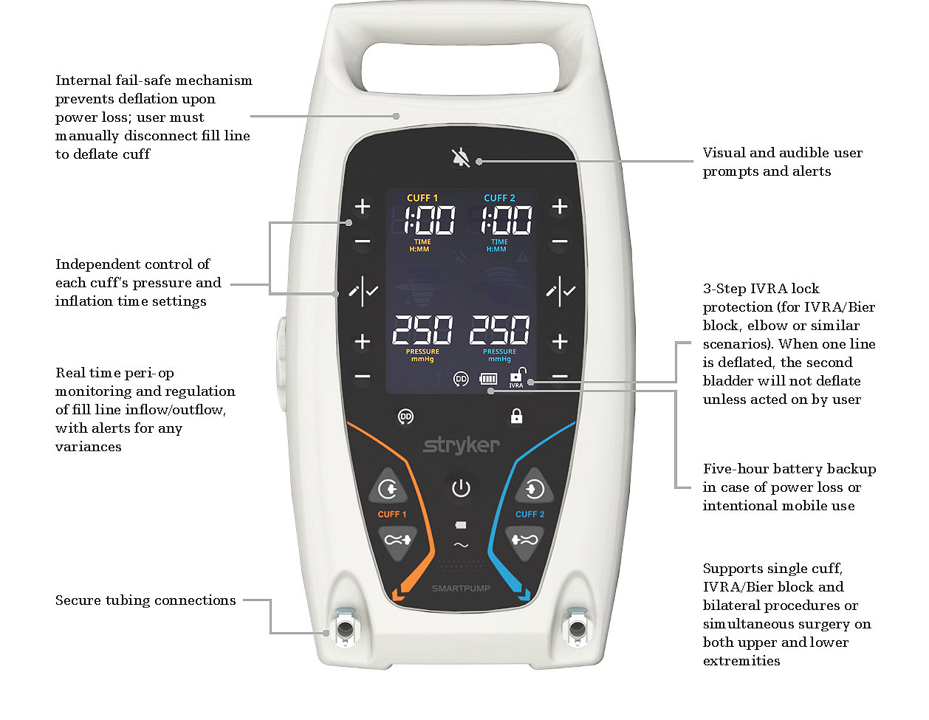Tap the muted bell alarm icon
[x=461, y=157]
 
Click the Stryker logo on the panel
[x=461, y=445]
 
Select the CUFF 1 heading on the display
[x=422, y=198]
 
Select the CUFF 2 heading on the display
[x=499, y=198]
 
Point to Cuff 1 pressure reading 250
[x=422, y=330]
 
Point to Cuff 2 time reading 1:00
[x=507, y=220]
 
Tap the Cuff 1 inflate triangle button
[x=388, y=487]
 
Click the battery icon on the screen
[x=488, y=379]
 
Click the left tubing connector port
[x=345, y=628]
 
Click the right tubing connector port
[x=576, y=628]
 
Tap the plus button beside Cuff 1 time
[x=363, y=207]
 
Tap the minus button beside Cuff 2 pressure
[x=560, y=377]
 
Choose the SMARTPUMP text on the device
[x=461, y=589]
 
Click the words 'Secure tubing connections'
[x=145, y=600]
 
